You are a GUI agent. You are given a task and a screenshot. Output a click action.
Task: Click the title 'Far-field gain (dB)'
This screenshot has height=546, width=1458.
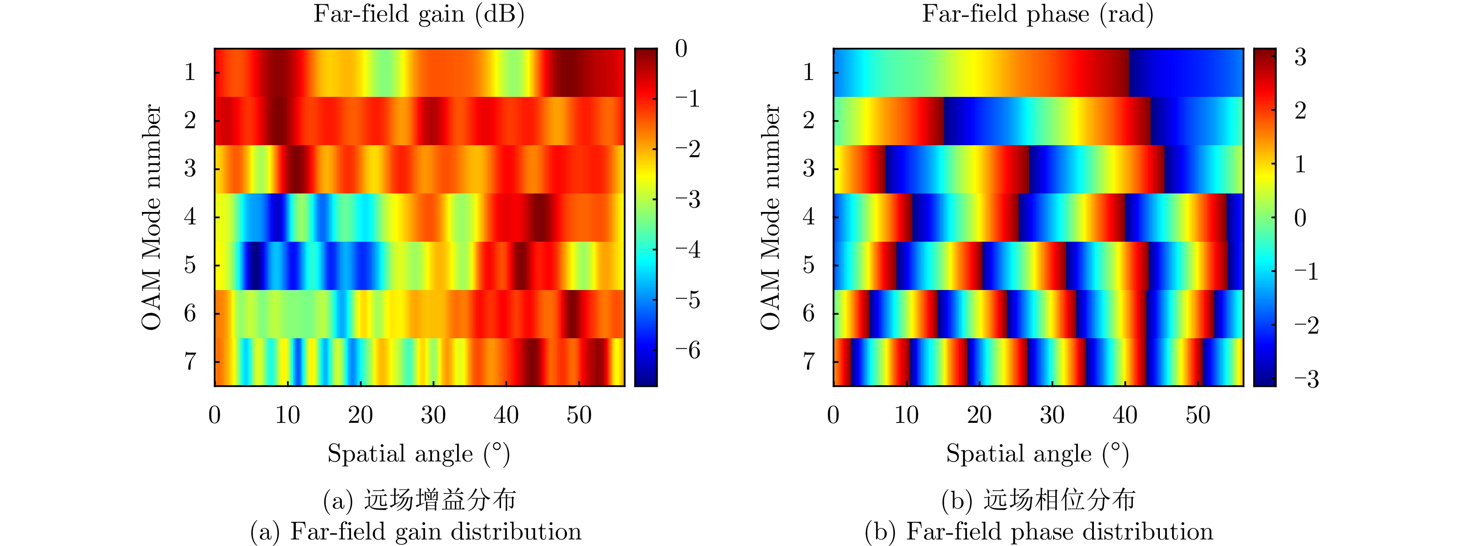[x=419, y=15]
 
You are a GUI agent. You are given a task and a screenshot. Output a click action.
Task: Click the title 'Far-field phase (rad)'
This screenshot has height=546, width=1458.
[x=1038, y=15]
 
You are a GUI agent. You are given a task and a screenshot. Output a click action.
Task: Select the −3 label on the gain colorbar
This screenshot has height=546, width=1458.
[x=687, y=199]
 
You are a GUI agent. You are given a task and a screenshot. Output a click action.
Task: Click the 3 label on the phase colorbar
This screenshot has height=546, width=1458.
[x=1300, y=57]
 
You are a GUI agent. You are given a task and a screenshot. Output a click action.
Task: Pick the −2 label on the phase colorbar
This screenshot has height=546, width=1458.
[x=1306, y=326]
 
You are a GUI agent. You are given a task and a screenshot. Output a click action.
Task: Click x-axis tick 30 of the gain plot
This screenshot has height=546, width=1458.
[x=433, y=415]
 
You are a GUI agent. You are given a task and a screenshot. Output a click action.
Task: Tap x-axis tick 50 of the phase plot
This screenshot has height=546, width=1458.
[x=1198, y=415]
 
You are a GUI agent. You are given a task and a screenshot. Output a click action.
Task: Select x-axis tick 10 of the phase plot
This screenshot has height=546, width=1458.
[x=906, y=415]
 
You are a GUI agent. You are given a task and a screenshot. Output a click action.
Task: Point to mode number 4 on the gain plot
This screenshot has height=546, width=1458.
[x=190, y=216]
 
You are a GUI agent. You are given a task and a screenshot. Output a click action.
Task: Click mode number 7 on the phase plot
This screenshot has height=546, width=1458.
[x=809, y=361]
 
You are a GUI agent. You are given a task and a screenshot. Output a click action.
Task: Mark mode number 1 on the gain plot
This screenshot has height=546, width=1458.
[x=190, y=72]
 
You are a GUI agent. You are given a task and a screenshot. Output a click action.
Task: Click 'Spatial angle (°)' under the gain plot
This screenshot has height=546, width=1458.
[x=419, y=454]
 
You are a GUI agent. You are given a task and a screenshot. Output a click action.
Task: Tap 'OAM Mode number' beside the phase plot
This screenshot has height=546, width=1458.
[x=771, y=217]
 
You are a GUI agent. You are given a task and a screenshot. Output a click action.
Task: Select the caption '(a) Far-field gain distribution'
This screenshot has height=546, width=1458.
[x=416, y=531]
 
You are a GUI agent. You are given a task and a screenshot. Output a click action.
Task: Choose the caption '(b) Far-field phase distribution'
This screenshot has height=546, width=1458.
[x=1039, y=531]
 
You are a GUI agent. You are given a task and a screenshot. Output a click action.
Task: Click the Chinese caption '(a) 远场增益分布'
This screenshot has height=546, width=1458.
[x=419, y=500]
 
